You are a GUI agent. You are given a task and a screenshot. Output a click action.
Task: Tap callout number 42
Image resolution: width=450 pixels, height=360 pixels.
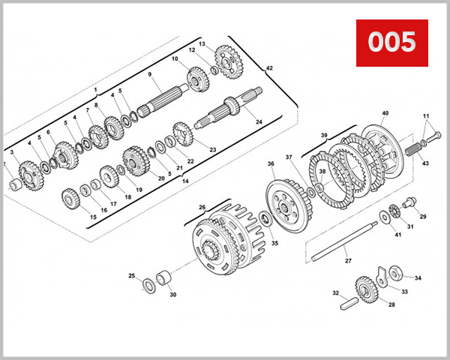point(269,68)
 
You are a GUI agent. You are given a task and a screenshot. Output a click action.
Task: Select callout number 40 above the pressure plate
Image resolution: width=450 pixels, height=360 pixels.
point(385,113)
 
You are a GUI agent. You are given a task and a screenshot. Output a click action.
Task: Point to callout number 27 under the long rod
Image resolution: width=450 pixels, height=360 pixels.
point(347,262)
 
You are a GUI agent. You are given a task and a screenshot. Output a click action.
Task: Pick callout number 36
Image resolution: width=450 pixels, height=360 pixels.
point(271,163)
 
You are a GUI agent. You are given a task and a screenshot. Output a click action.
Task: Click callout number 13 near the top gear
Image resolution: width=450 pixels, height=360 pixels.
point(202,44)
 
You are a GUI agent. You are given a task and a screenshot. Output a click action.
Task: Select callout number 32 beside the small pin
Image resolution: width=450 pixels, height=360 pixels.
point(336,292)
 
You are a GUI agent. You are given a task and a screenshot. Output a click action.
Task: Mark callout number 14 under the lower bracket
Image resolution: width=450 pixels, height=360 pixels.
point(184,181)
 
